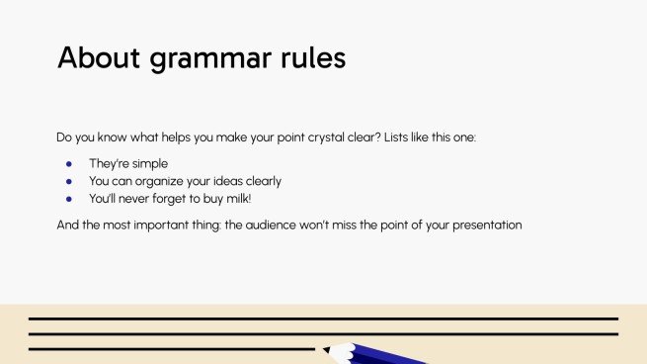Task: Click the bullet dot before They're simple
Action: point(69,163)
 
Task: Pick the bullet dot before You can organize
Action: point(69,181)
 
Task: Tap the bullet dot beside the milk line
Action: point(69,199)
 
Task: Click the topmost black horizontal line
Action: point(323,318)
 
